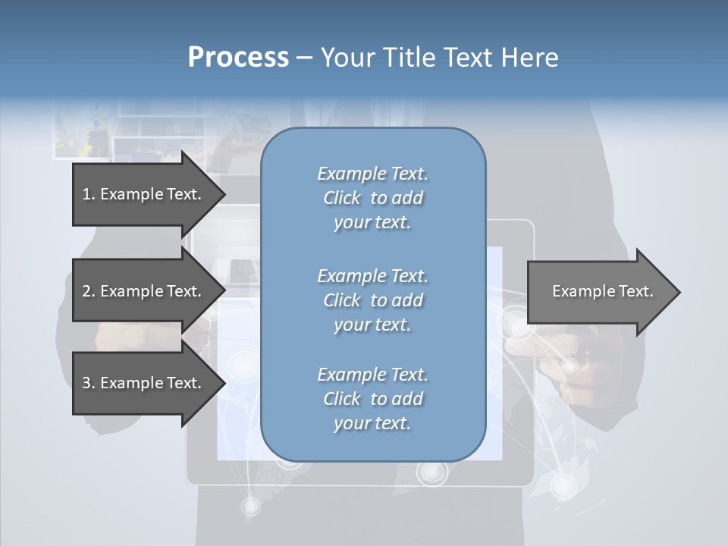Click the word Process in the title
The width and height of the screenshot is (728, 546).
coord(238,58)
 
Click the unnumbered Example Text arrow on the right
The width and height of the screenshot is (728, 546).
coord(602,291)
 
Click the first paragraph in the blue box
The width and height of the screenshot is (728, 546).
coord(372,198)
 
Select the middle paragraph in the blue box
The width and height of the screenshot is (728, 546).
coord(372,300)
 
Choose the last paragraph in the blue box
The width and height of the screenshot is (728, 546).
coord(372,399)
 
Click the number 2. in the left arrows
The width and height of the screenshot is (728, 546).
coord(89,291)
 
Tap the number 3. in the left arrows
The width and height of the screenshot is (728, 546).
coord(89,383)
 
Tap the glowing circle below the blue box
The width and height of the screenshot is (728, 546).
coord(432,472)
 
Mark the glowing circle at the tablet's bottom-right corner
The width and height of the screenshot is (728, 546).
coord(562,483)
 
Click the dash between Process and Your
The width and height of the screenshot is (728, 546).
coord(304,58)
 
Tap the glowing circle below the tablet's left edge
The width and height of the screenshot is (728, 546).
coord(250,505)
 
